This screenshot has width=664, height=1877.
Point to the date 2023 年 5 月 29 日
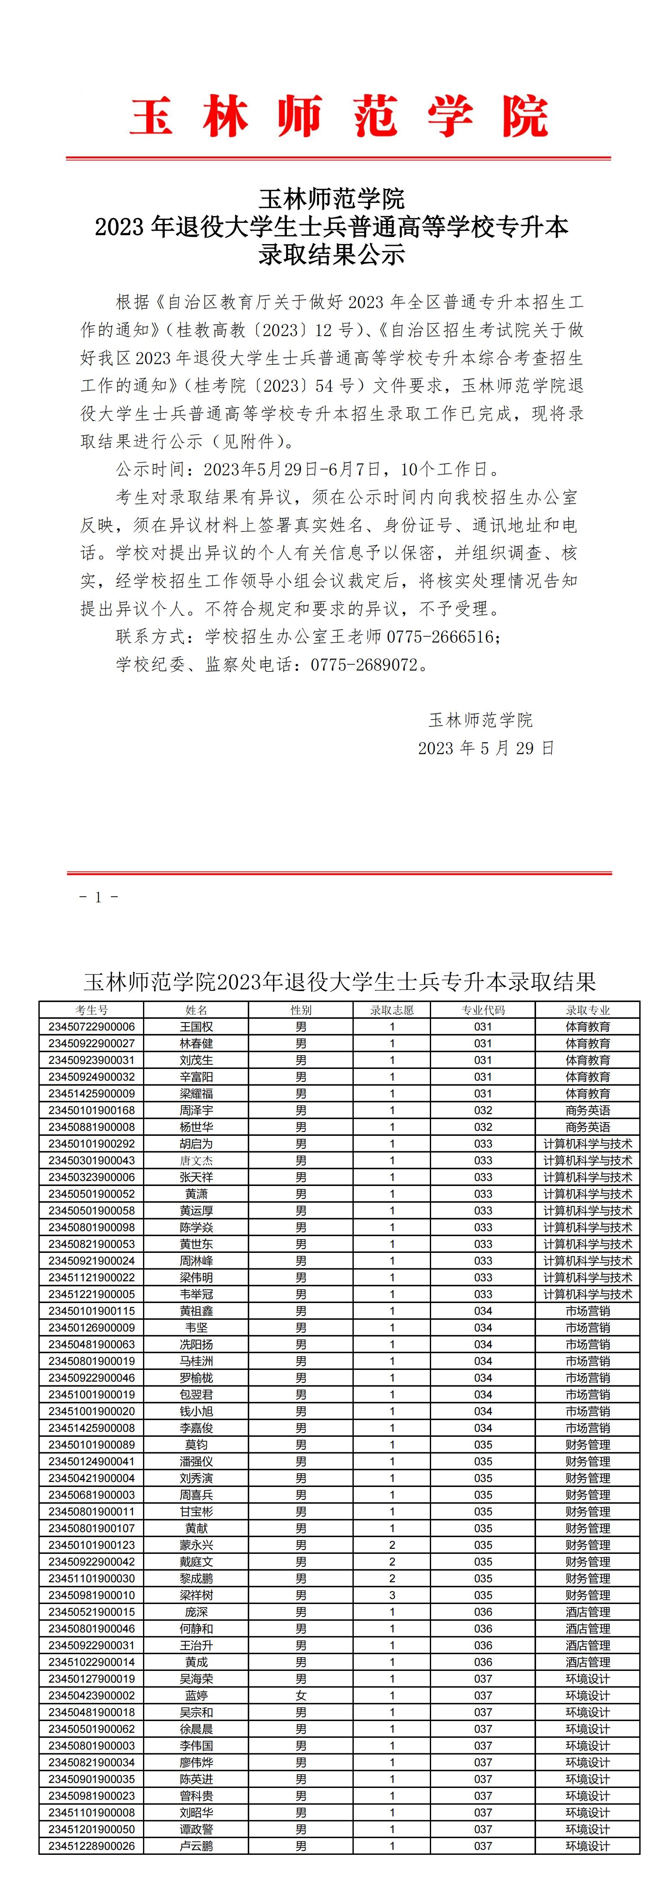486,748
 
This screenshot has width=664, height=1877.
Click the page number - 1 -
98,897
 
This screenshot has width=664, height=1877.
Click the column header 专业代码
483,1010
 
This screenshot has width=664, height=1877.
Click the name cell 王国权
196,1027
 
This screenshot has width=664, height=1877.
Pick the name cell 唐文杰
196,1161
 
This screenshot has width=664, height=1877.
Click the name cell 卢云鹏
196,1846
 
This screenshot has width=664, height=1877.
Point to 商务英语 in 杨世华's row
587,1127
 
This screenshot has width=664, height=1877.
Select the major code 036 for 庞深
483,1612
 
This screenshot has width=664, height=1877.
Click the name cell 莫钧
196,1445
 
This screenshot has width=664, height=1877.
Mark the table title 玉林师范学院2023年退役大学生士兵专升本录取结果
340,982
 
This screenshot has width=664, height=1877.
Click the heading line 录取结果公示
332,255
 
